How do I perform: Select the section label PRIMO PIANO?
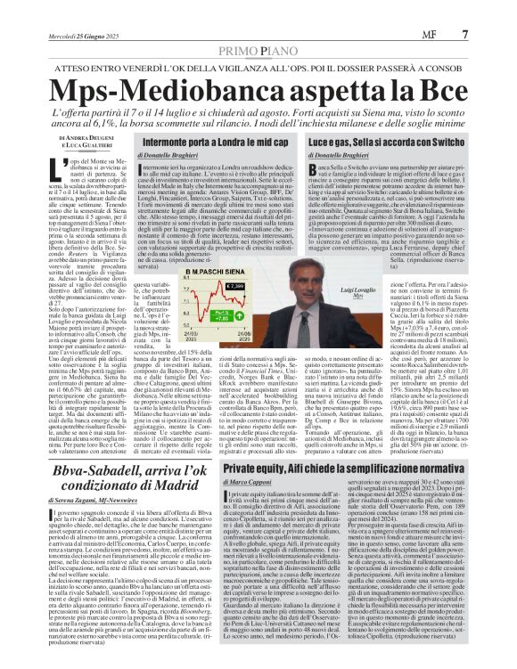point(258,28)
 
